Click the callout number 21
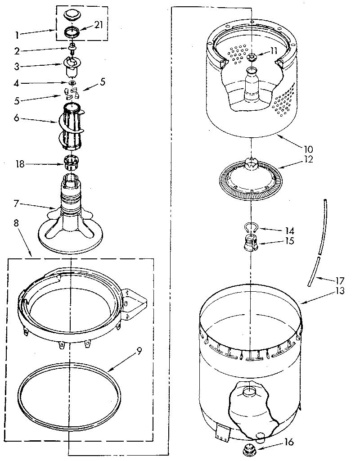tap(98, 25)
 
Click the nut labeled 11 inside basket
tap(251, 57)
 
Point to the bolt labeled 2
tap(72, 48)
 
